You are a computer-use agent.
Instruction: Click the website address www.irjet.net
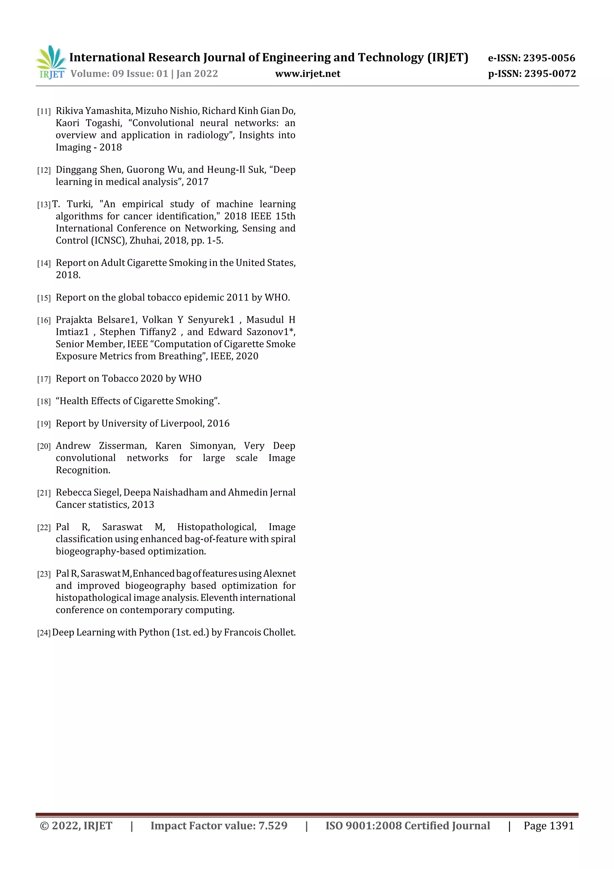pyautogui.click(x=308, y=74)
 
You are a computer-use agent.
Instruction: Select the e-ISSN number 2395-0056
pyautogui.click(x=549, y=58)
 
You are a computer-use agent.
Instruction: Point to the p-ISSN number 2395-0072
pyautogui.click(x=549, y=74)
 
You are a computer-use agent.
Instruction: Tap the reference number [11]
pyautogui.click(x=44, y=111)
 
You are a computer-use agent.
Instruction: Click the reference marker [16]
pyautogui.click(x=44, y=321)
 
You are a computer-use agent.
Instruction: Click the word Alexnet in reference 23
pyautogui.click(x=279, y=574)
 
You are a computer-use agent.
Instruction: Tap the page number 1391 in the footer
pyautogui.click(x=562, y=826)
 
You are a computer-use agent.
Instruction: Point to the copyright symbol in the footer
pyautogui.click(x=44, y=826)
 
